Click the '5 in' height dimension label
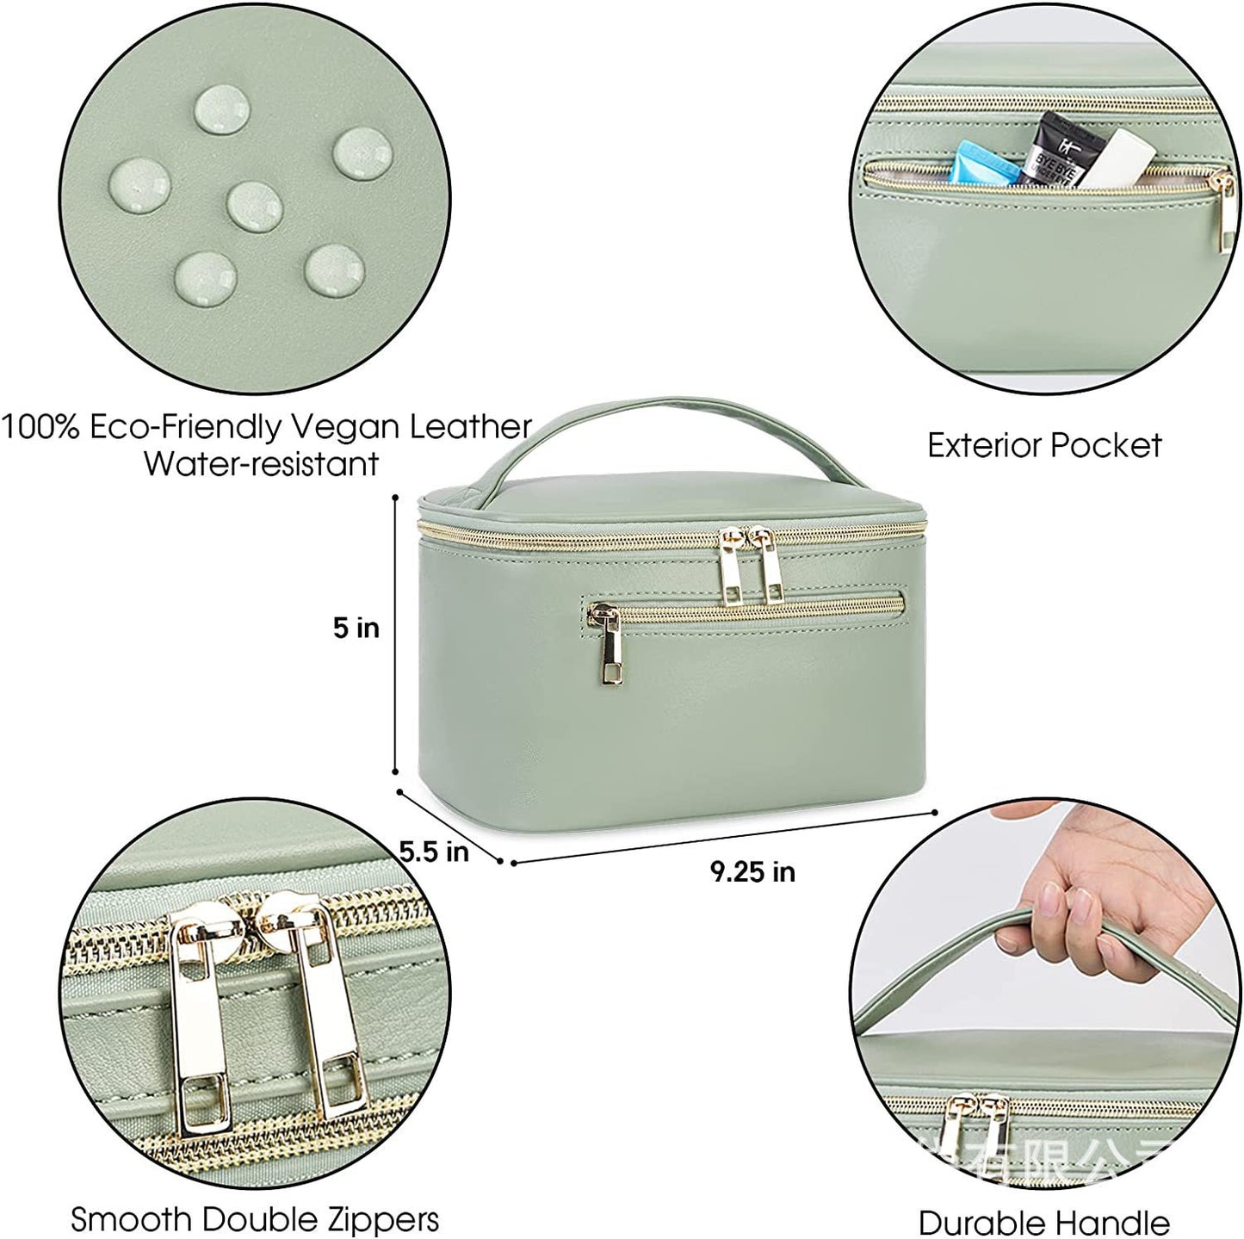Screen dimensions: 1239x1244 tap(356, 628)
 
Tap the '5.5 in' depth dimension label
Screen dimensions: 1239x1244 tap(434, 852)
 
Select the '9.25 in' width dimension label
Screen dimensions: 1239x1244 tap(752, 872)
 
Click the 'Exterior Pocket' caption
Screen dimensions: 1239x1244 tap(1044, 445)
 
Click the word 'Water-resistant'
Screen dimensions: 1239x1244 tap(261, 463)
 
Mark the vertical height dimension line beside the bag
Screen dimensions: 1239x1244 tap(395, 635)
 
